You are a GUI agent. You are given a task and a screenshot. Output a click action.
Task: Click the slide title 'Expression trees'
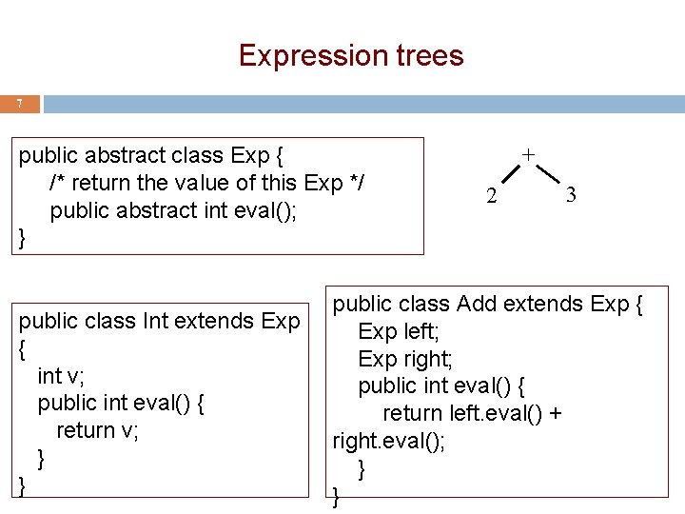[351, 55]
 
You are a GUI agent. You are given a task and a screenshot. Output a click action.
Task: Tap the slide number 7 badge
[20, 104]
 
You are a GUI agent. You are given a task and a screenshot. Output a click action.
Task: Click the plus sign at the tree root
[528, 154]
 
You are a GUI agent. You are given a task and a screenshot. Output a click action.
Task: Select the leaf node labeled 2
[491, 198]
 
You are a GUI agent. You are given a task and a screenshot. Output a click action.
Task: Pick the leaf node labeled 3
[570, 196]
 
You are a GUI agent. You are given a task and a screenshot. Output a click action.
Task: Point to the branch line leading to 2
[509, 176]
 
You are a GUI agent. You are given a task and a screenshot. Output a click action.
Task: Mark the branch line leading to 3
[547, 175]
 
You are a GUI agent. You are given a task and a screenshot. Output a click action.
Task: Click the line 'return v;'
[98, 430]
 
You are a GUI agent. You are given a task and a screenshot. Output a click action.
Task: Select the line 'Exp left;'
[400, 331]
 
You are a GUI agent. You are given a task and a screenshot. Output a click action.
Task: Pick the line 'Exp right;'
[405, 359]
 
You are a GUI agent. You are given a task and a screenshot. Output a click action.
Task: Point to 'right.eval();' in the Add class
[388, 441]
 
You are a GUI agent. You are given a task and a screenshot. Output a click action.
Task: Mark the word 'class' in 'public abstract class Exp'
[195, 154]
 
